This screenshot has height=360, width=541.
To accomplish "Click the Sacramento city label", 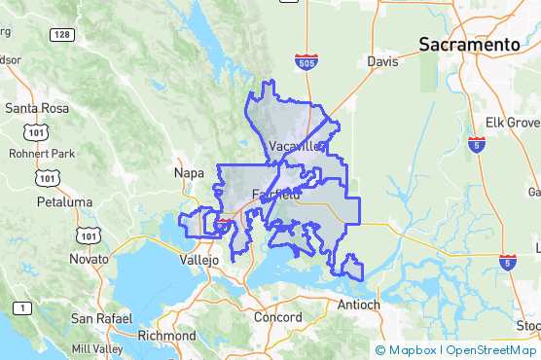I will (468, 45).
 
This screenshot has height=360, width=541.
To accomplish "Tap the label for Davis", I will (383, 61).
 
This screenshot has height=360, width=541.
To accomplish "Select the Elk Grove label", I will (513, 123).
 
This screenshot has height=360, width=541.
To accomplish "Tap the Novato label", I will (89, 259).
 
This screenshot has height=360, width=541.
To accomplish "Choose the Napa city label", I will (188, 172).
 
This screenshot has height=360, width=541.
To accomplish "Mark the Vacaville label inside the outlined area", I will (295, 146).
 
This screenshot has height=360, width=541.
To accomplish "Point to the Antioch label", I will (357, 305).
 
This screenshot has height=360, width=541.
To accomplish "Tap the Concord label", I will (277, 317).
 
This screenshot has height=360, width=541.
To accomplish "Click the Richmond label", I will (167, 336).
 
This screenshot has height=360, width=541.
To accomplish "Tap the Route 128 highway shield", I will (62, 35).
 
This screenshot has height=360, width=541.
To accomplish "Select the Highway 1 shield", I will (19, 307).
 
